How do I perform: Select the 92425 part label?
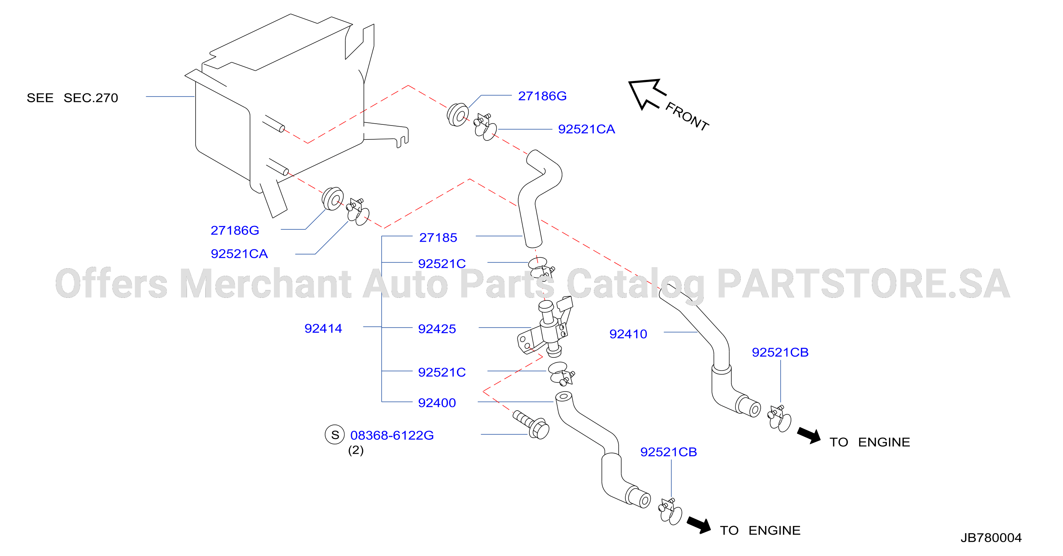coord(437,329)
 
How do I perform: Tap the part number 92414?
coord(323,328)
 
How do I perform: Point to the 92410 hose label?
coord(628,334)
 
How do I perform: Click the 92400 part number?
coord(437,402)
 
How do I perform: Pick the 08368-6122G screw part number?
coord(392,435)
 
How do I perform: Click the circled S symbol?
coord(335,435)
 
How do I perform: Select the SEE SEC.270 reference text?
coord(72,98)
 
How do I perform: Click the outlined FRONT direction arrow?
coord(646,94)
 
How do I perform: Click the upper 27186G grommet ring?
coord(457,115)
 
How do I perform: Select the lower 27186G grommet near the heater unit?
coord(333,199)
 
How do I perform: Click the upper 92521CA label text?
coord(586,129)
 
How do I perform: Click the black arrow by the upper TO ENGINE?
coord(809,435)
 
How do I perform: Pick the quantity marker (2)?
coord(356,450)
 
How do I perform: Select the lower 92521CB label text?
coord(668,452)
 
